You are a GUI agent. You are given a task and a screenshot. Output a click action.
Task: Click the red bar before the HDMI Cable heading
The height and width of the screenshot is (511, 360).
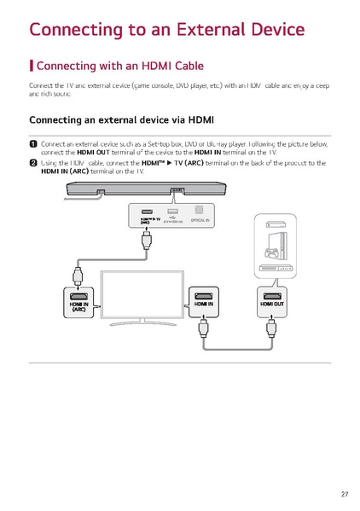coord(32,66)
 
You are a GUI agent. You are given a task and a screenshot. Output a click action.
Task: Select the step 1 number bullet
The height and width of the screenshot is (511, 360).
coord(33,144)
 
